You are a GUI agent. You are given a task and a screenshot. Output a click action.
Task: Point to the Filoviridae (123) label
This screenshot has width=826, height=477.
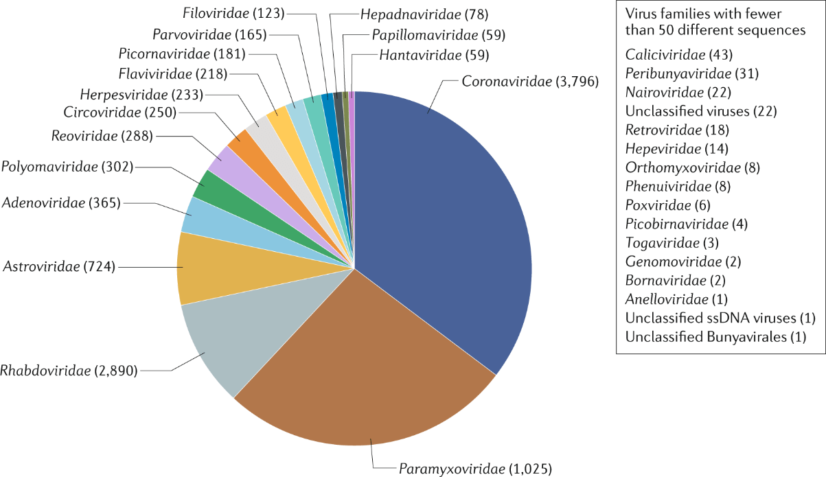[x=235, y=12]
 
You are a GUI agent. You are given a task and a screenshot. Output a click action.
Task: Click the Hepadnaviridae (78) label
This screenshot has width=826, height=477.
[x=420, y=14]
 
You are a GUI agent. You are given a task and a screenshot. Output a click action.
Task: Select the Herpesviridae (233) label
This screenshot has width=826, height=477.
[x=138, y=93]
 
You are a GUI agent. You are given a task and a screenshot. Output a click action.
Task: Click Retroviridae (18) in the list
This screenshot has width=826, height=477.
[x=667, y=129]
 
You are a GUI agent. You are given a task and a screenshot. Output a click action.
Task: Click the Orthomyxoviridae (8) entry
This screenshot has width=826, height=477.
[x=682, y=167]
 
